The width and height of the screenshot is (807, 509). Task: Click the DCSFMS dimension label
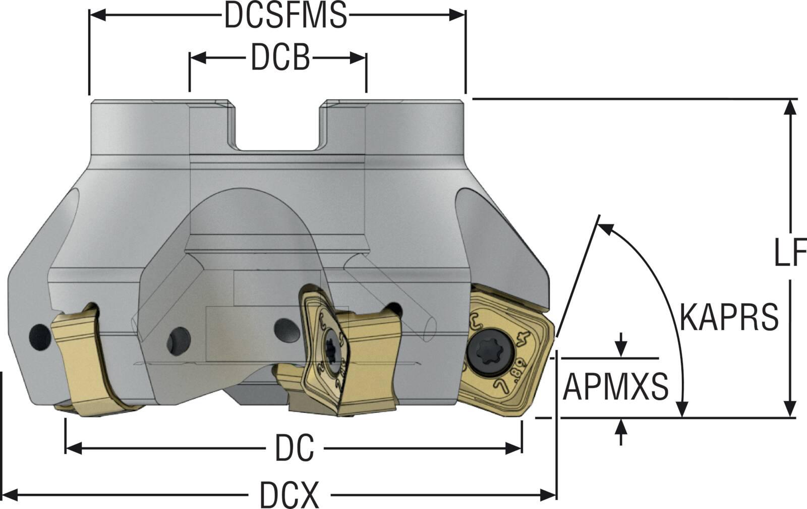[x=285, y=16]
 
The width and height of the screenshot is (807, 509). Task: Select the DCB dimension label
[x=280, y=59]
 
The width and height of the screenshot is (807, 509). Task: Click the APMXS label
[x=615, y=387]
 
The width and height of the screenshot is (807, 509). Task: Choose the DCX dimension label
[x=290, y=495]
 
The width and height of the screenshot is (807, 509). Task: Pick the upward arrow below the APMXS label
[x=621, y=427]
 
